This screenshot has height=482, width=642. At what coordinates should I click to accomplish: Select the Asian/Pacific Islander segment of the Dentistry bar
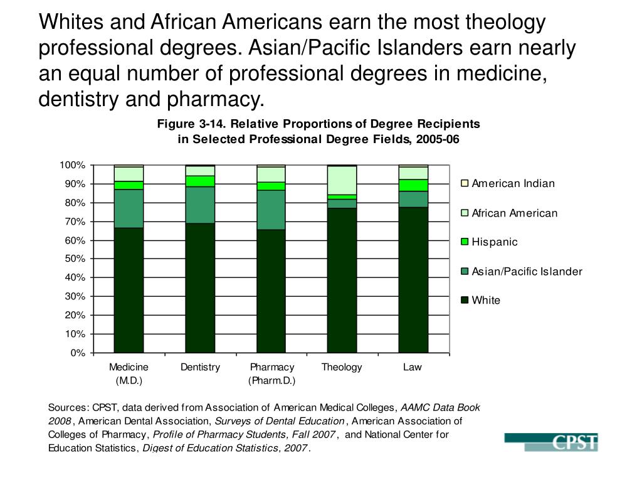coord(200,205)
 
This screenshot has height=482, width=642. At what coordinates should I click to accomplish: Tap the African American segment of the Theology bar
coord(342,181)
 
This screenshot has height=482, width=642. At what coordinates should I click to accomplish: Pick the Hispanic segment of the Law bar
coord(413,185)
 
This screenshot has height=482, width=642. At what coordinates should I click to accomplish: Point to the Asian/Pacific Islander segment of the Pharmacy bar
coord(271,210)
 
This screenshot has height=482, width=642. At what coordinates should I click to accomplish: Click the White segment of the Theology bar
coord(342,280)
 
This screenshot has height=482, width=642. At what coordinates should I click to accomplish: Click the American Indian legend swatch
coord(465,183)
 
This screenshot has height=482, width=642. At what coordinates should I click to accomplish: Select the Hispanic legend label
coord(495,242)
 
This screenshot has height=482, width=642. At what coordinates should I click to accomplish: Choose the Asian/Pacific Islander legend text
coord(527,271)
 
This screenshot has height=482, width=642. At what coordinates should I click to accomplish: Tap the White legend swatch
coord(465,300)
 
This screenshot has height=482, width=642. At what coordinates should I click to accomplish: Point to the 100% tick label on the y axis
coord(72,165)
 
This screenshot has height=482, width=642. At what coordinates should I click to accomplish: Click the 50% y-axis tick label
coord(75,259)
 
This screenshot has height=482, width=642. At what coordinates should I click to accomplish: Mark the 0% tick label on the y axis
coord(78,353)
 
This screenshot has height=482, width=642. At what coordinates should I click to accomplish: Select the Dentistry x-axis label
coord(200,367)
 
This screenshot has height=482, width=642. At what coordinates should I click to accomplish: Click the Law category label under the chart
coord(413,367)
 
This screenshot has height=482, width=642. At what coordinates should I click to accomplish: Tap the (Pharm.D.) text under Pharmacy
coord(271,380)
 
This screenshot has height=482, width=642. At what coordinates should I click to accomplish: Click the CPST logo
coord(551,442)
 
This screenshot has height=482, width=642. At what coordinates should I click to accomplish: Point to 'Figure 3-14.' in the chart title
coord(186,124)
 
